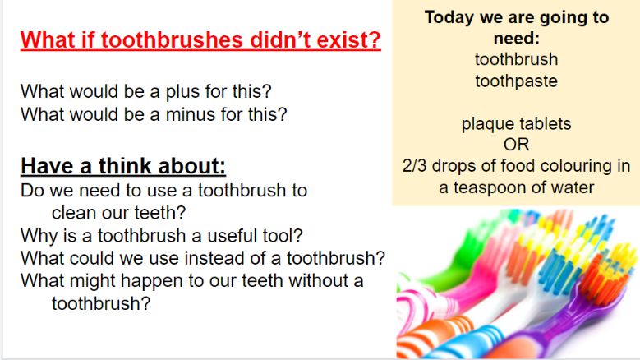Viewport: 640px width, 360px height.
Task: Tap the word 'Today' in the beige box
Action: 449,17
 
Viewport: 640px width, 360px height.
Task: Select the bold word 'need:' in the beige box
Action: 516,39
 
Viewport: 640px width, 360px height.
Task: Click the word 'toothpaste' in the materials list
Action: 516,81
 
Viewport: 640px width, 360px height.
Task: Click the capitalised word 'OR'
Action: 516,145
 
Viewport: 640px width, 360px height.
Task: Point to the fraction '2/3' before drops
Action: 414,166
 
